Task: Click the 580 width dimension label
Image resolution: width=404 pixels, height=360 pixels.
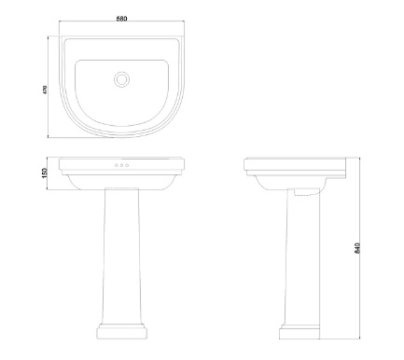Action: (x=121, y=19)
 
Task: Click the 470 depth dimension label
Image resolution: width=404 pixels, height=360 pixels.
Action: (x=45, y=90)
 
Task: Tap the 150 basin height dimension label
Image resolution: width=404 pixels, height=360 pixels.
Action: (x=44, y=173)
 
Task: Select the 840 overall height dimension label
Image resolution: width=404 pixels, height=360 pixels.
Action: (x=357, y=248)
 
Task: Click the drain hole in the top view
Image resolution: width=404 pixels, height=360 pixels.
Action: (x=121, y=79)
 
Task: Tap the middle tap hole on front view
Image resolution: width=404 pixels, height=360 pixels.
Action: (x=121, y=165)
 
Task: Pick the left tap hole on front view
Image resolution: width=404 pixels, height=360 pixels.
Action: (x=117, y=165)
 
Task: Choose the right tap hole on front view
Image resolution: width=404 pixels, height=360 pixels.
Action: (x=127, y=165)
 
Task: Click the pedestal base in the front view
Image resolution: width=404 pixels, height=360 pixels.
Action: (x=121, y=332)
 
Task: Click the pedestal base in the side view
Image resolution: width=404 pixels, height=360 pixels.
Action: (x=300, y=332)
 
